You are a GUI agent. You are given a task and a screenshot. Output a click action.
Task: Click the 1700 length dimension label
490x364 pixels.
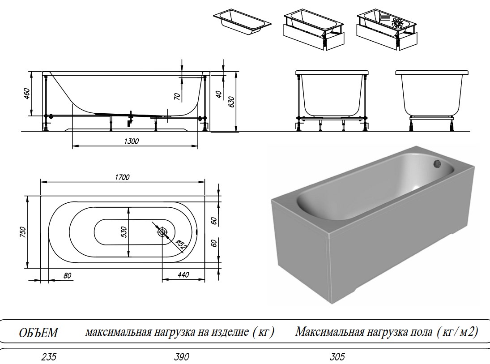(x=122, y=177)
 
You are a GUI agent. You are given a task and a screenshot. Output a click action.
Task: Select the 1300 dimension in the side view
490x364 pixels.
(x=132, y=141)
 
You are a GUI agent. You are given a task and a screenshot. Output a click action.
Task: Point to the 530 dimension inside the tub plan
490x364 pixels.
(x=124, y=231)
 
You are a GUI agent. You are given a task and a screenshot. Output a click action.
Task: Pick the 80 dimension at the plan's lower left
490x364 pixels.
(x=68, y=275)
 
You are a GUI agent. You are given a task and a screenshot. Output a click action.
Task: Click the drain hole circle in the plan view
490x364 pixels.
(x=162, y=232)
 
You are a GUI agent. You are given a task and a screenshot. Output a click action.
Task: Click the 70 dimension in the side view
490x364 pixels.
(x=177, y=96)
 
